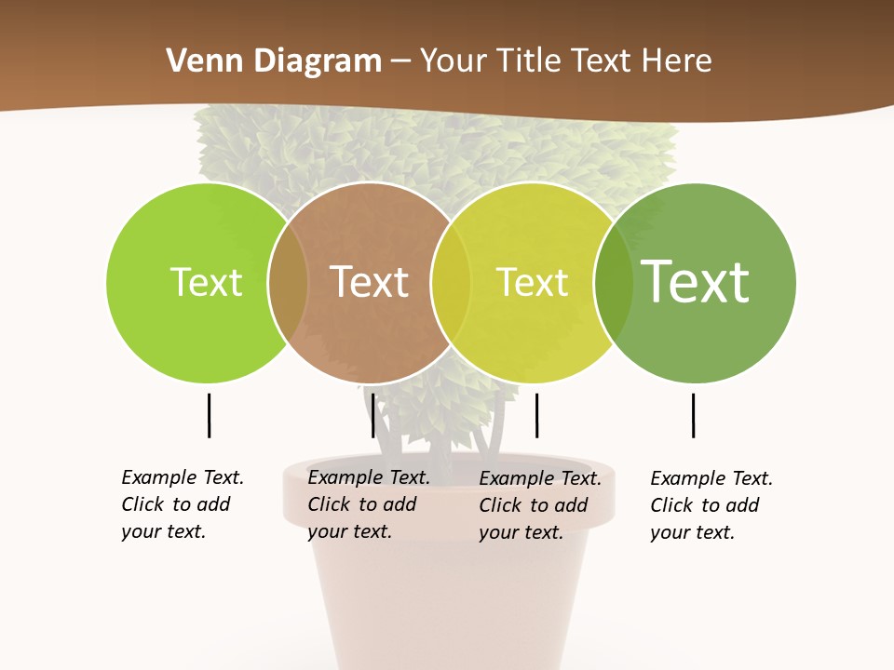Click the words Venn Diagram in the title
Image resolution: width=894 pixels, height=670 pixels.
pos(274,61)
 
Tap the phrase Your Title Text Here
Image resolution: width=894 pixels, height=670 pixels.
pos(566,61)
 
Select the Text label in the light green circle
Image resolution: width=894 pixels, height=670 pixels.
pos(206,282)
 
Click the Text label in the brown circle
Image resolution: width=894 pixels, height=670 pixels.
pos(370,282)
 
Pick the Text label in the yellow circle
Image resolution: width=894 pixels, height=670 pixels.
pos(532,282)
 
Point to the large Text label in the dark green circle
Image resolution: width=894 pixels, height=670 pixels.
pos(696,282)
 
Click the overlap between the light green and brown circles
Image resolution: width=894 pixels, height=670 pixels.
pos(288,283)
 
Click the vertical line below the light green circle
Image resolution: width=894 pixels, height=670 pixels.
pos(209,415)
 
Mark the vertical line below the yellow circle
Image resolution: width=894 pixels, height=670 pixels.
pos(536,415)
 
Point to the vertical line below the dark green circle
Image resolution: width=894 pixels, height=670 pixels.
pos(693,415)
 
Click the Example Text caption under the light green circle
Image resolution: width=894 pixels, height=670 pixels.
pos(183,504)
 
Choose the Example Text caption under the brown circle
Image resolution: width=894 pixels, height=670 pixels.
pos(369,504)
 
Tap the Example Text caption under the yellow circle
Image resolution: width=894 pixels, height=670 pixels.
pos(540,505)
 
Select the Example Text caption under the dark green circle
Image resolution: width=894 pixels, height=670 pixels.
pos(711,505)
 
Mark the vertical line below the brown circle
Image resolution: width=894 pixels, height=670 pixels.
pos(372,415)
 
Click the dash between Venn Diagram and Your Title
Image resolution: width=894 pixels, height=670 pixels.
pos(400,62)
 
